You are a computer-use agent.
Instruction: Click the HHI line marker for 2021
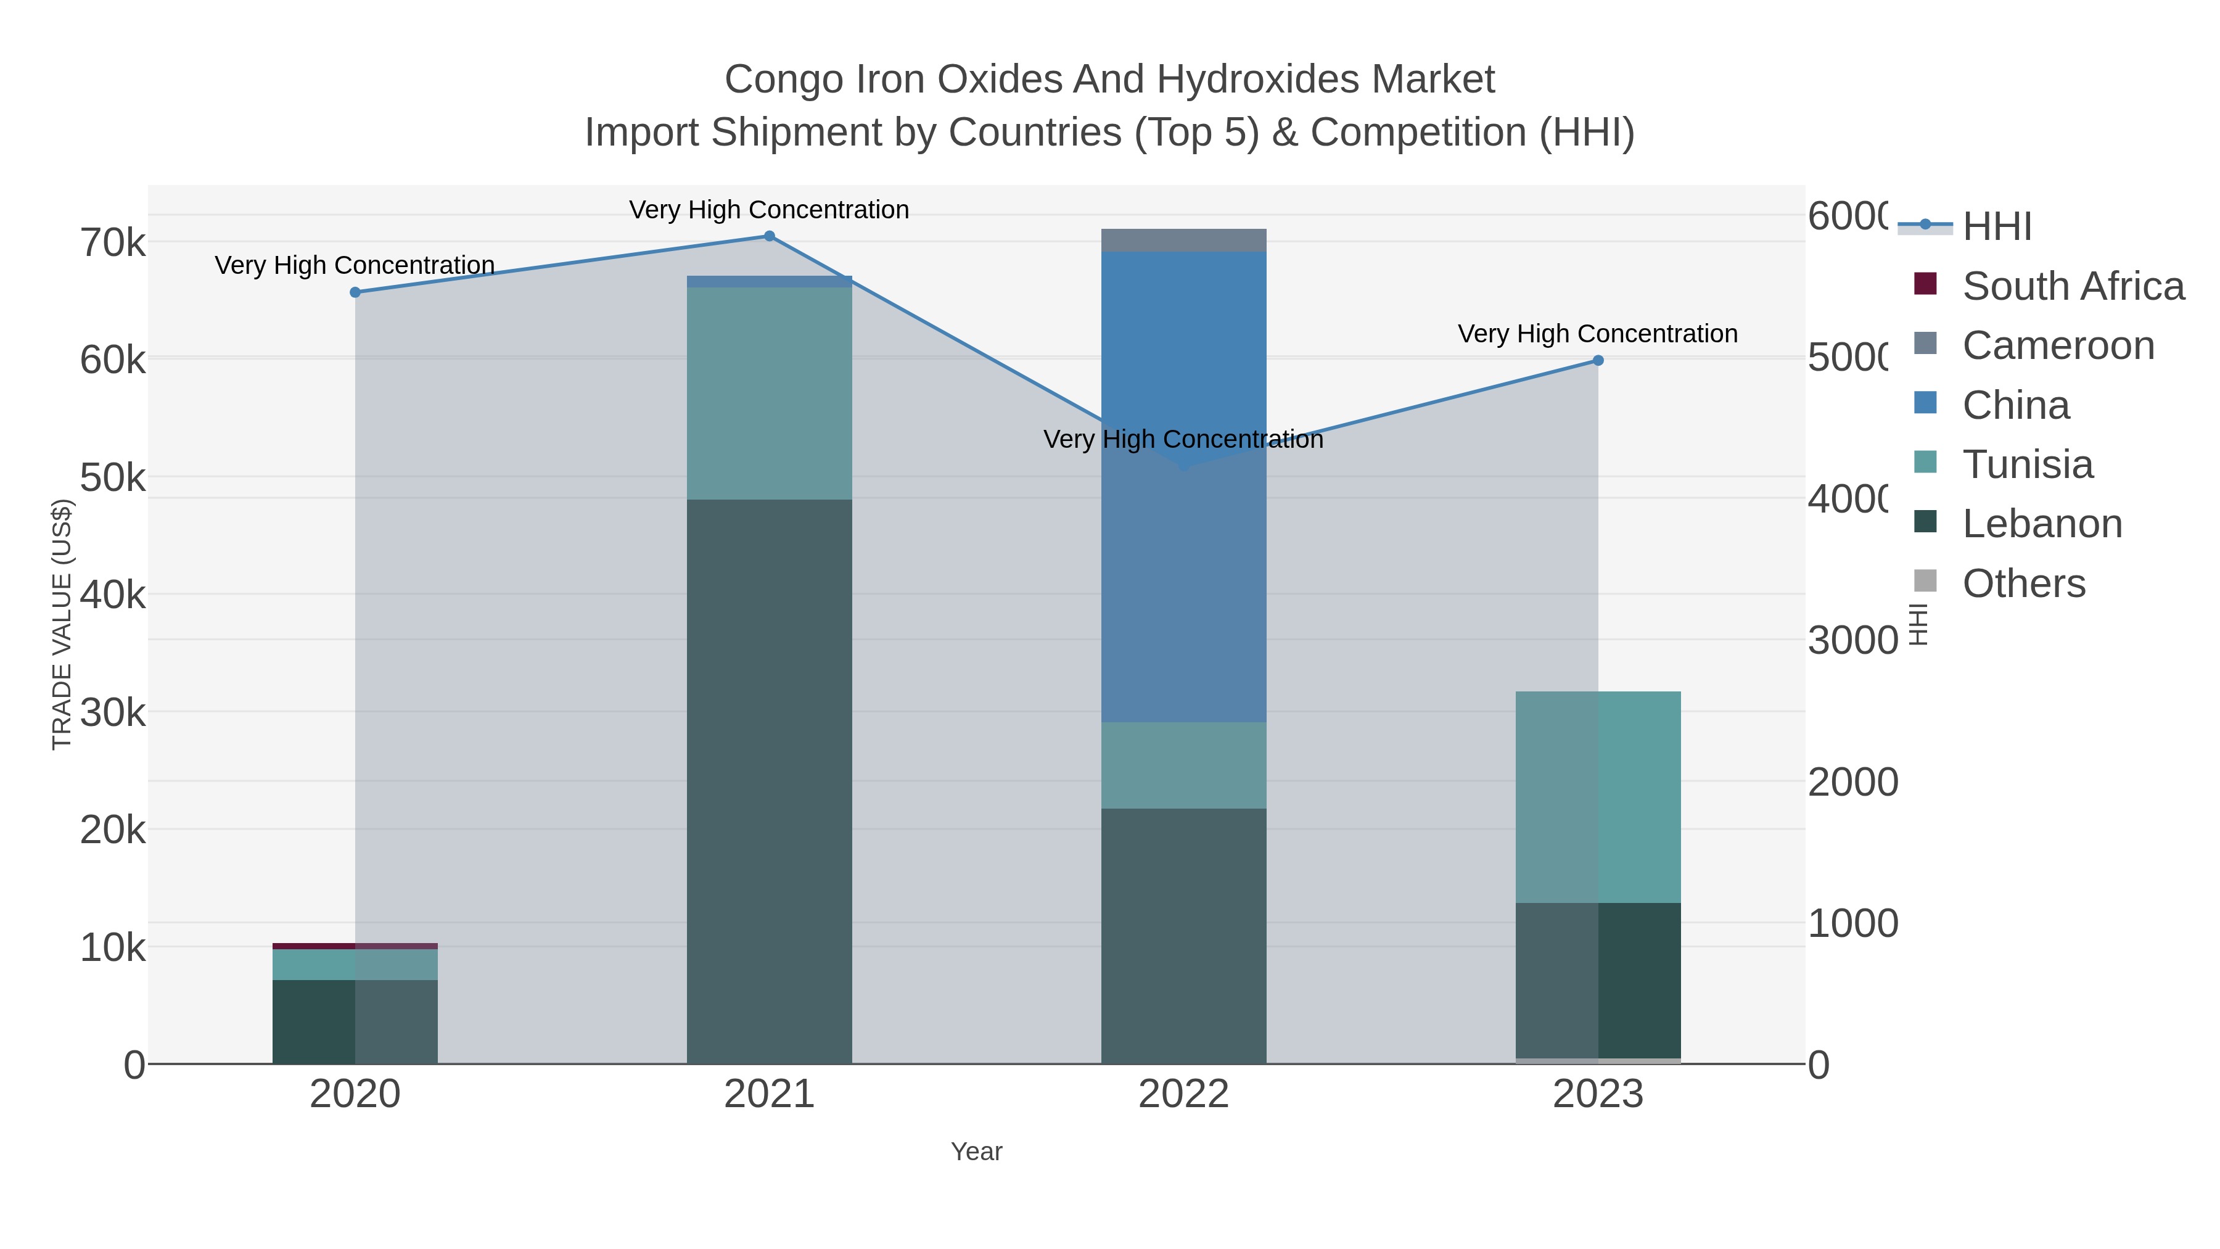coord(770,236)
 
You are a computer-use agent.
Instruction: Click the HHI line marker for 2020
coord(355,292)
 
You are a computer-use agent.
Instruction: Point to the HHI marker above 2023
coord(1598,360)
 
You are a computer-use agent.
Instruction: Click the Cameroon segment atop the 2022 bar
coord(1183,241)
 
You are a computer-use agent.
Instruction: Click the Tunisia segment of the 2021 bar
coord(770,393)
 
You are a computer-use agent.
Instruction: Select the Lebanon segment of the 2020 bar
coord(355,1021)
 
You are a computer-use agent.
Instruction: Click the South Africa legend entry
coord(2073,286)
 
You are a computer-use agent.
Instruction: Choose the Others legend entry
coord(2023,583)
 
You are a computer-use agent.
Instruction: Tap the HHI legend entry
coord(1997,227)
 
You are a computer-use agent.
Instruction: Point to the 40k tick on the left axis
coord(113,595)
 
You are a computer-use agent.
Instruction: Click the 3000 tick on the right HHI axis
coord(1852,640)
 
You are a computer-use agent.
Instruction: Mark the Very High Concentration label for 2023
coord(1597,334)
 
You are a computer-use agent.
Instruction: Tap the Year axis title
coord(976,1152)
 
